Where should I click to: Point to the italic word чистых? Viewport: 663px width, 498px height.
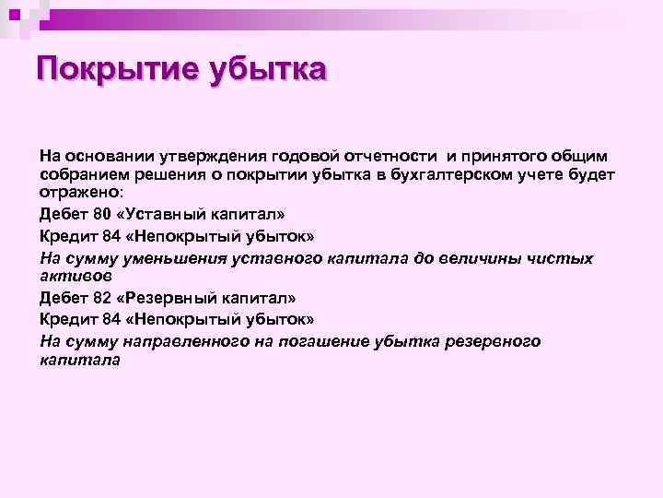562,258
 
